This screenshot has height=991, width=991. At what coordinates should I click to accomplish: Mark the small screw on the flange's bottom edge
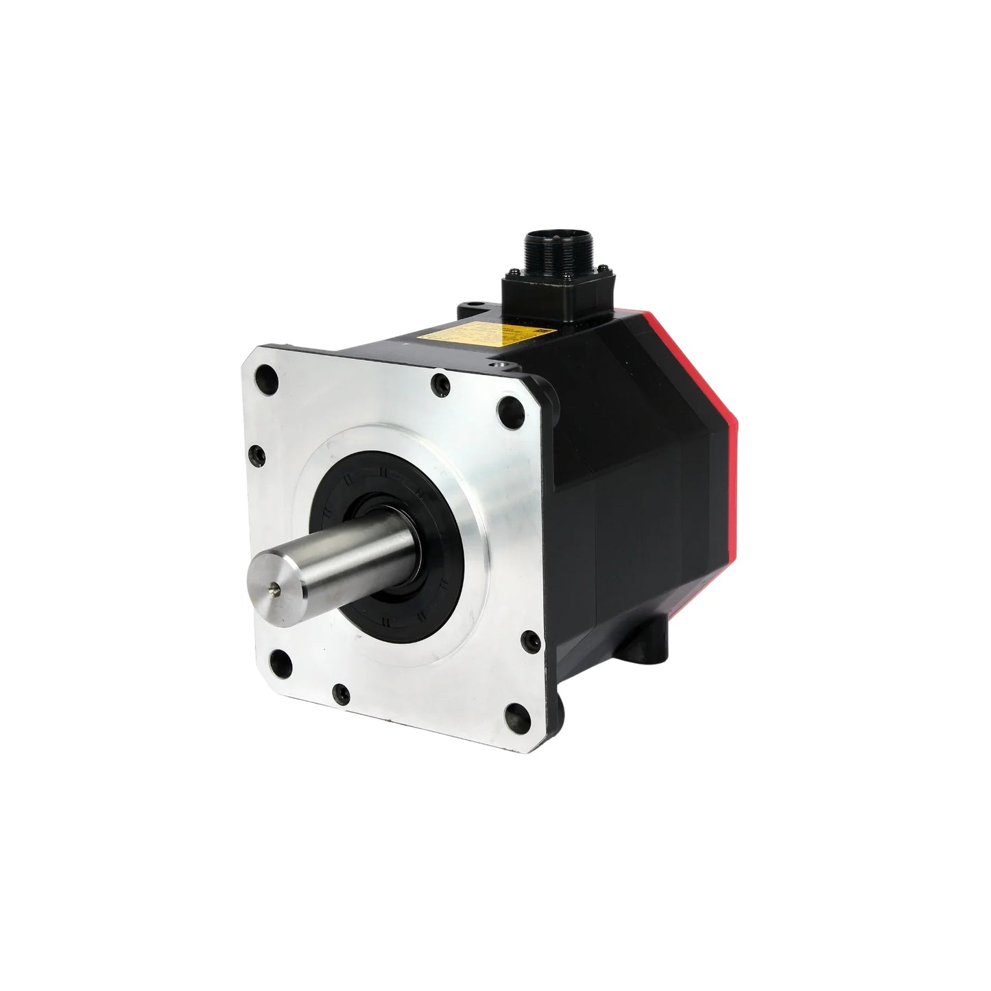pos(338,694)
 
